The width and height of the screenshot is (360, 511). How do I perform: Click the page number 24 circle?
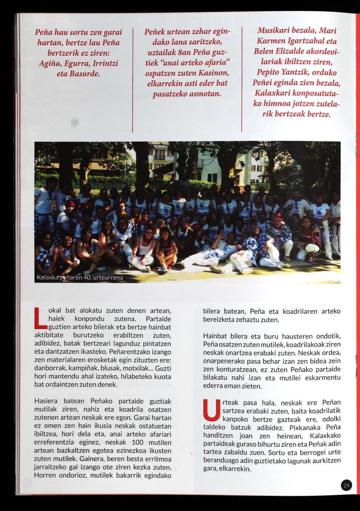[346, 485]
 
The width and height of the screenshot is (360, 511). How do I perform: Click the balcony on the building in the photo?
[163, 157]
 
